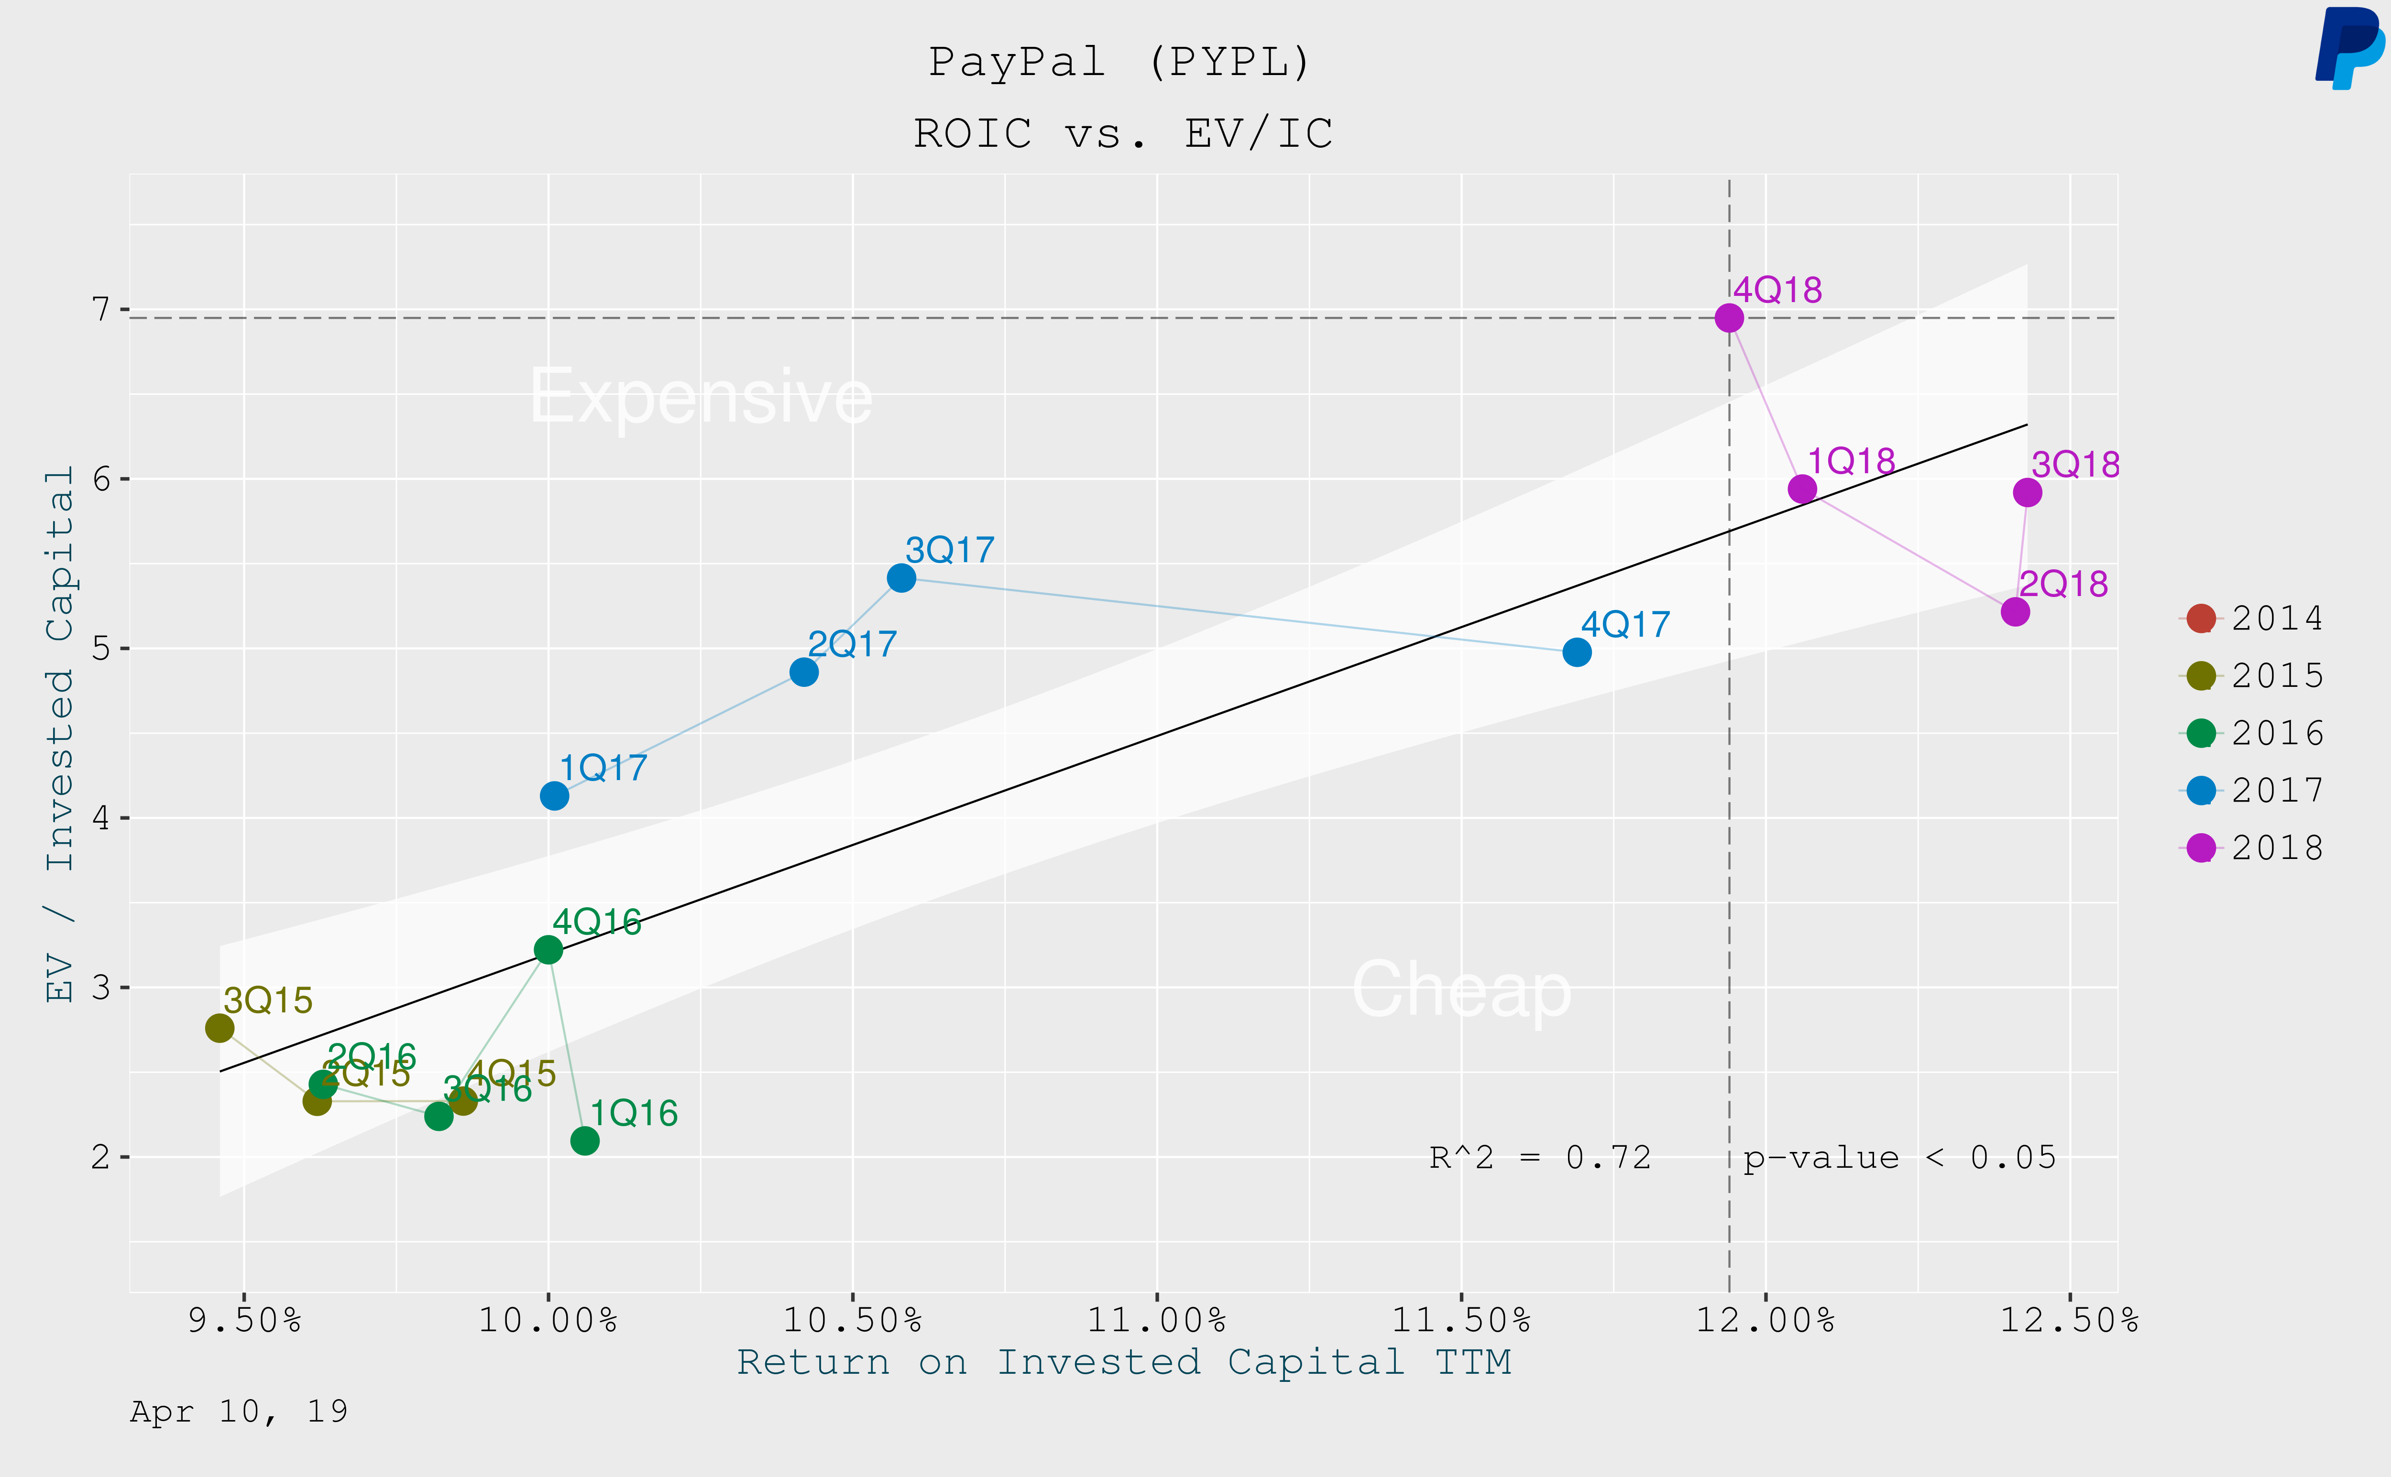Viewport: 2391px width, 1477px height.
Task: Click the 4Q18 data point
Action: click(x=1729, y=317)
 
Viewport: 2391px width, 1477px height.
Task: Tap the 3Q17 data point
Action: click(x=901, y=578)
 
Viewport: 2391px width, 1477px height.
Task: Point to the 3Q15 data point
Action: click(x=220, y=1028)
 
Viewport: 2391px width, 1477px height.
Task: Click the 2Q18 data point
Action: click(x=2015, y=611)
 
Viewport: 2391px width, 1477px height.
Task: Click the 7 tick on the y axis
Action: click(x=100, y=310)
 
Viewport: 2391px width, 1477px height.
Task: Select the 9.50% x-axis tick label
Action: click(x=244, y=1321)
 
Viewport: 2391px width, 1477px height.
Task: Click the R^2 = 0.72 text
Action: click(x=1540, y=1158)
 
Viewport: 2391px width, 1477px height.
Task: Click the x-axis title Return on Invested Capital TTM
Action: click(x=1124, y=1362)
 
